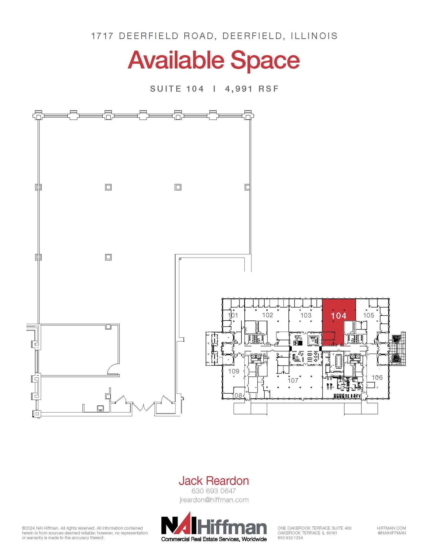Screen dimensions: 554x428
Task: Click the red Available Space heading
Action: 214,61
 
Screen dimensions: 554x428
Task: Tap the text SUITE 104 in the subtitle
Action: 177,89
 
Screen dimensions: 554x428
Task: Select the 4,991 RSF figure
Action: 251,89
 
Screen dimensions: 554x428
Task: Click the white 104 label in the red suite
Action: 339,315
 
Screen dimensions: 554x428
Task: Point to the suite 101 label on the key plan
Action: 233,315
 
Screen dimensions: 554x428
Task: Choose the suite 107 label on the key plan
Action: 293,381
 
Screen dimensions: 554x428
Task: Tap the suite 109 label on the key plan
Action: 234,371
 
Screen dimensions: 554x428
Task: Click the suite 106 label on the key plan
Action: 377,377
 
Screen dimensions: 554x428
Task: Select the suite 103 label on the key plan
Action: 306,315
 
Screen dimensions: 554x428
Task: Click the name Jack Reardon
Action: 214,481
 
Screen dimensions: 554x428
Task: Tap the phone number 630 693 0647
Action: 214,491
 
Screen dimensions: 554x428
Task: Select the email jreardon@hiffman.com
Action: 214,500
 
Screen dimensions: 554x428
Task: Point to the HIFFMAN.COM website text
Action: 391,528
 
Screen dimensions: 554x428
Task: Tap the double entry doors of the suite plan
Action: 143,407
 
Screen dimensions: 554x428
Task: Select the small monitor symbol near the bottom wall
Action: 100,408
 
